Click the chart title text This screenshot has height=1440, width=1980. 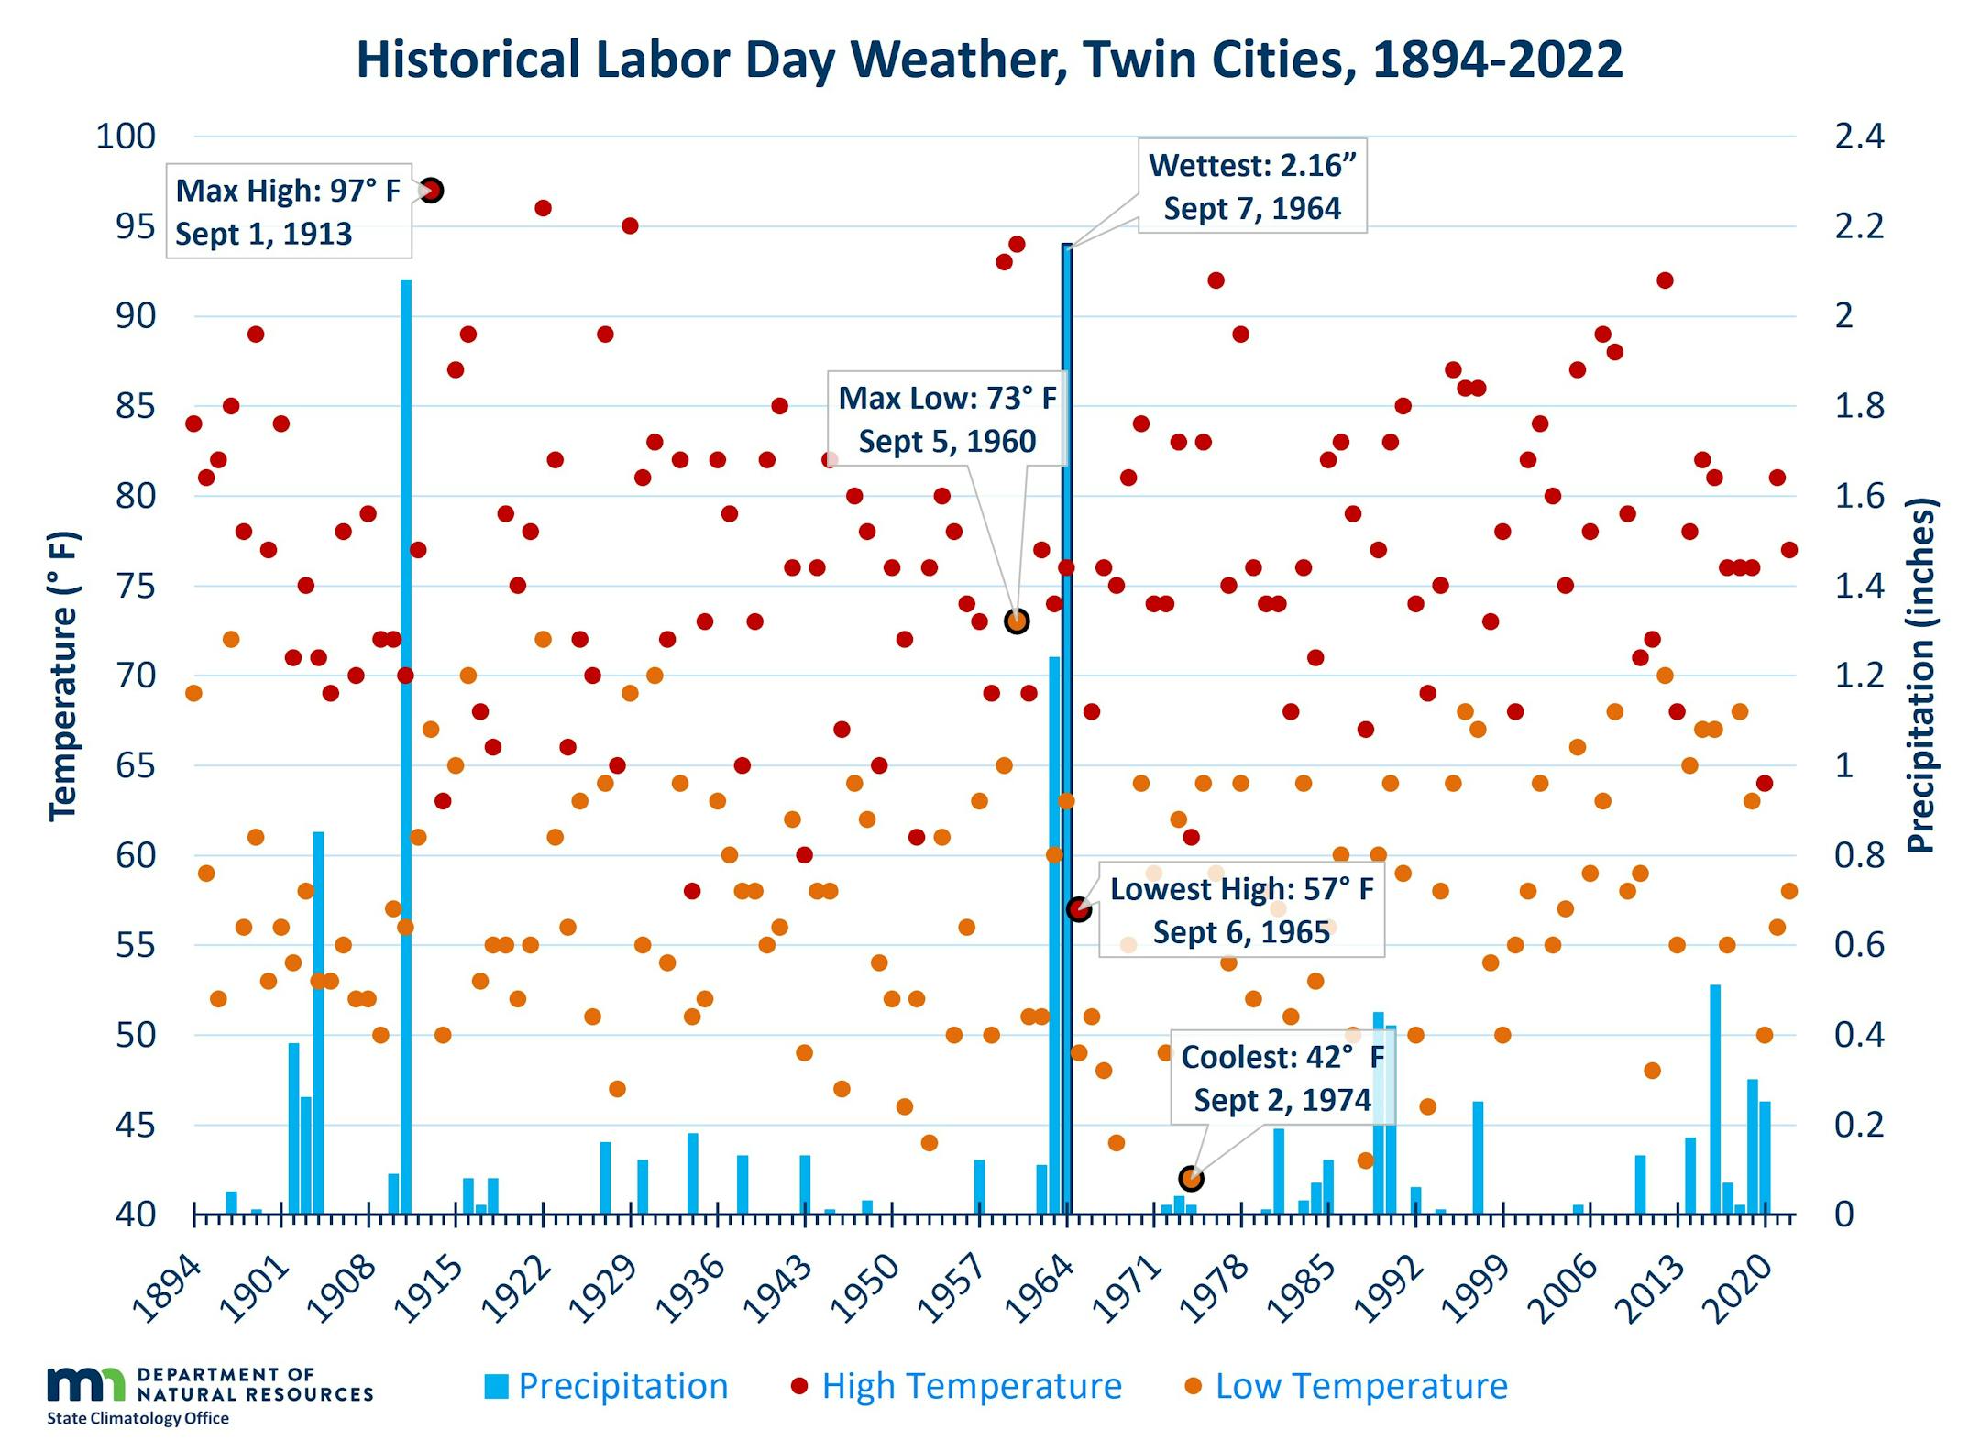pos(989,60)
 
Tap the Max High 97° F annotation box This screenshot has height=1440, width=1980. pos(288,212)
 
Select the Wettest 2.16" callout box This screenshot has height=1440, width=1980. pos(1251,186)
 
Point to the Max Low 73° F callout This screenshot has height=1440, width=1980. pos(947,420)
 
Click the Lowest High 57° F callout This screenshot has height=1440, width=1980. pos(1241,910)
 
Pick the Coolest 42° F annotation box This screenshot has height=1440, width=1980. pos(1281,1078)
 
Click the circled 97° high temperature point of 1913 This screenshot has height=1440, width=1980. pos(432,191)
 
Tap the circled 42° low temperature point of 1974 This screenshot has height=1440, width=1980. pos(1191,1178)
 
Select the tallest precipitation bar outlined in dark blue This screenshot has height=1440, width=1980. pos(1067,728)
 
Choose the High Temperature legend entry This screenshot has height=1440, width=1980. pos(957,1386)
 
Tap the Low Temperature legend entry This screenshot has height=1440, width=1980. pos(1347,1386)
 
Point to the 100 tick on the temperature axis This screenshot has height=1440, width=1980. pos(126,137)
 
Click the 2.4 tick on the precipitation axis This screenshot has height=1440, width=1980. pos(1858,137)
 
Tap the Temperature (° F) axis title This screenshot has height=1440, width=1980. pos(65,676)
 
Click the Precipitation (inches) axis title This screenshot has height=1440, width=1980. pos(1920,676)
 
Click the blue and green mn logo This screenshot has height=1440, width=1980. pos(86,1383)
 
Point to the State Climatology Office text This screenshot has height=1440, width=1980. pos(137,1418)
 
